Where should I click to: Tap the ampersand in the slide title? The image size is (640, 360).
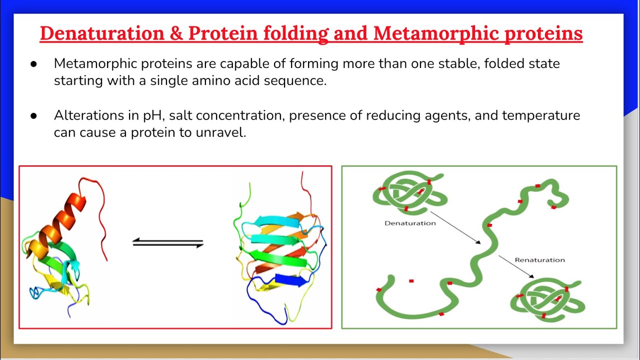click(x=175, y=33)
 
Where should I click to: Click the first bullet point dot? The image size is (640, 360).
click(x=33, y=64)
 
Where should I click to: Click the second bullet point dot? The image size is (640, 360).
click(x=33, y=116)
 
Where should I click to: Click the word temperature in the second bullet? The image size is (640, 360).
click(x=541, y=115)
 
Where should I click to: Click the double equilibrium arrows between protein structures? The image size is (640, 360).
click(x=168, y=243)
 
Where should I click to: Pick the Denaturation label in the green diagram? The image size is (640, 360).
click(x=410, y=223)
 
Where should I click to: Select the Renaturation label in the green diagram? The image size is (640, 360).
click(x=539, y=260)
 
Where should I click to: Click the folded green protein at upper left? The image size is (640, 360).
click(x=407, y=192)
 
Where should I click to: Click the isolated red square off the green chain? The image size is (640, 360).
click(x=411, y=281)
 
